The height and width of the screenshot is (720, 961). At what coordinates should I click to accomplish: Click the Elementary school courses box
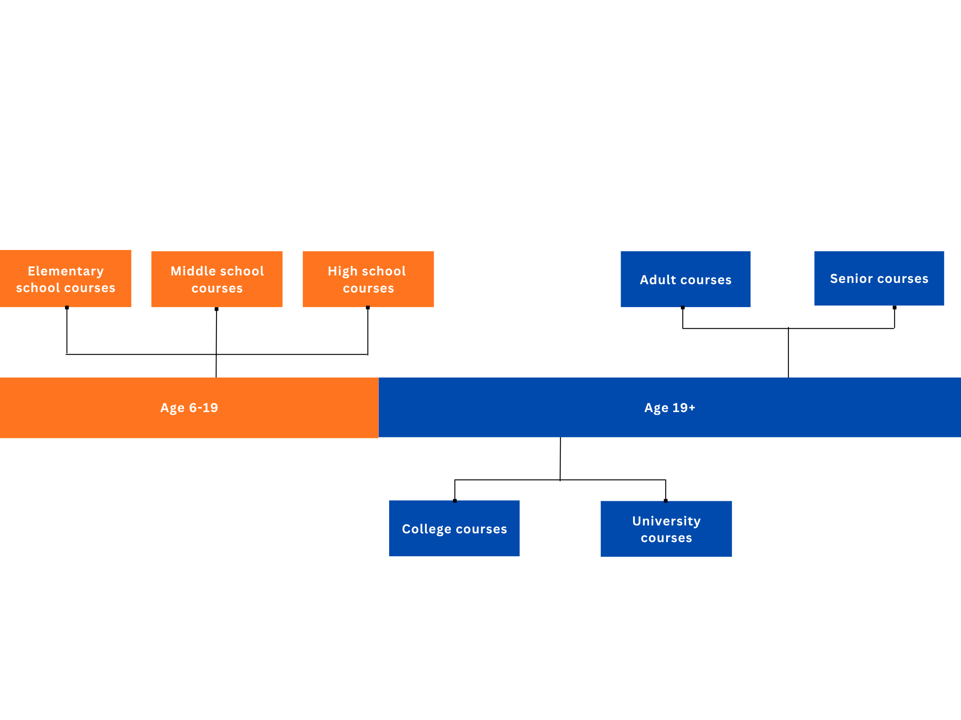coord(65,278)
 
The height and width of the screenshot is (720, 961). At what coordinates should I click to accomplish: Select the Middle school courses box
coord(217,279)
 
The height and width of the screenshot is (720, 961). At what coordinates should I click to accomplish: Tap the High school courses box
coord(368,279)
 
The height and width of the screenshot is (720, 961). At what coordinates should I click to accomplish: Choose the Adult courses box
coord(685,279)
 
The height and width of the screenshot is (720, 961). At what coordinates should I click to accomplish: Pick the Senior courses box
coord(879,278)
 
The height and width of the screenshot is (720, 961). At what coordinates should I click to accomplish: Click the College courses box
coord(454,528)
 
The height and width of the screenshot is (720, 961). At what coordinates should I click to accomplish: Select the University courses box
coord(666,529)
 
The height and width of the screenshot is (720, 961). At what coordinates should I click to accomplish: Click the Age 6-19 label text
coord(189,407)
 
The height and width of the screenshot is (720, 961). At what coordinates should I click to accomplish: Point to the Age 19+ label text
coord(669,407)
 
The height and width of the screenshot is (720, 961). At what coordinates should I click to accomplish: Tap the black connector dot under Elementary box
coord(67,307)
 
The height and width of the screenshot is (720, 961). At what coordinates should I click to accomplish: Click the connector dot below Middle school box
coord(216,309)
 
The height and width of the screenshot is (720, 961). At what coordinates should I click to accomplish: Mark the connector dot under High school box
coord(367,307)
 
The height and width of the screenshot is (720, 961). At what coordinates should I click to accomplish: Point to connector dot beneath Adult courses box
coord(682,307)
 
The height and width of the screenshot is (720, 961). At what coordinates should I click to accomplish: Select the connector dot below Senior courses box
coord(895,307)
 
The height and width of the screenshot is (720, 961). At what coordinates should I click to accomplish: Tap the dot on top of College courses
coord(455,501)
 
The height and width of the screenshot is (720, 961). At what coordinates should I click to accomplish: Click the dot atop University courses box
coord(666,501)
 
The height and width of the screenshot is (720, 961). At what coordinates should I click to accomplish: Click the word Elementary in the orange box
coord(65,271)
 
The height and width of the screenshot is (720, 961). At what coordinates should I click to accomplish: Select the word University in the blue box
coord(666,521)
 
